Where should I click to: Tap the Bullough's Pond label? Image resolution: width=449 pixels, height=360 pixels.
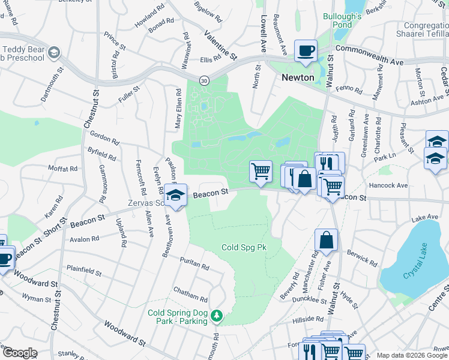click(342, 21)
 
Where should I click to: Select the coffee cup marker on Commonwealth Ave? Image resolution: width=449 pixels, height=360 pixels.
click(306, 52)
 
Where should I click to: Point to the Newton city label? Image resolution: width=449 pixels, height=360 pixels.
click(298, 77)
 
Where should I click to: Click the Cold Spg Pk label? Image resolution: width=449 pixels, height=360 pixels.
click(244, 247)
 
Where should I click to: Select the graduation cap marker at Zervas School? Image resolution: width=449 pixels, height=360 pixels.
click(176, 196)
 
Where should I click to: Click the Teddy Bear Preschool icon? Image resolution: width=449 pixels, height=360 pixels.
click(55, 53)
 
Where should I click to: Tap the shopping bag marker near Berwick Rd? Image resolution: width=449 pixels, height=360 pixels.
click(326, 240)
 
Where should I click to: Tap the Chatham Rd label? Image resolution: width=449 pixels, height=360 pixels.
click(190, 293)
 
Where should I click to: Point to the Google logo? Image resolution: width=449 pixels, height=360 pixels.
click(19, 353)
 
